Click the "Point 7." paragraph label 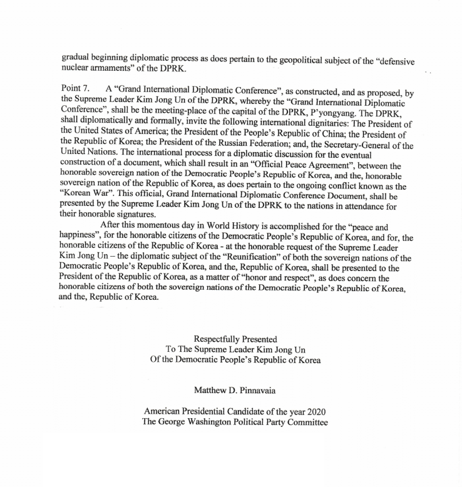(80, 88)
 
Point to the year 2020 (315, 412)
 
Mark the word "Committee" (307, 423)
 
